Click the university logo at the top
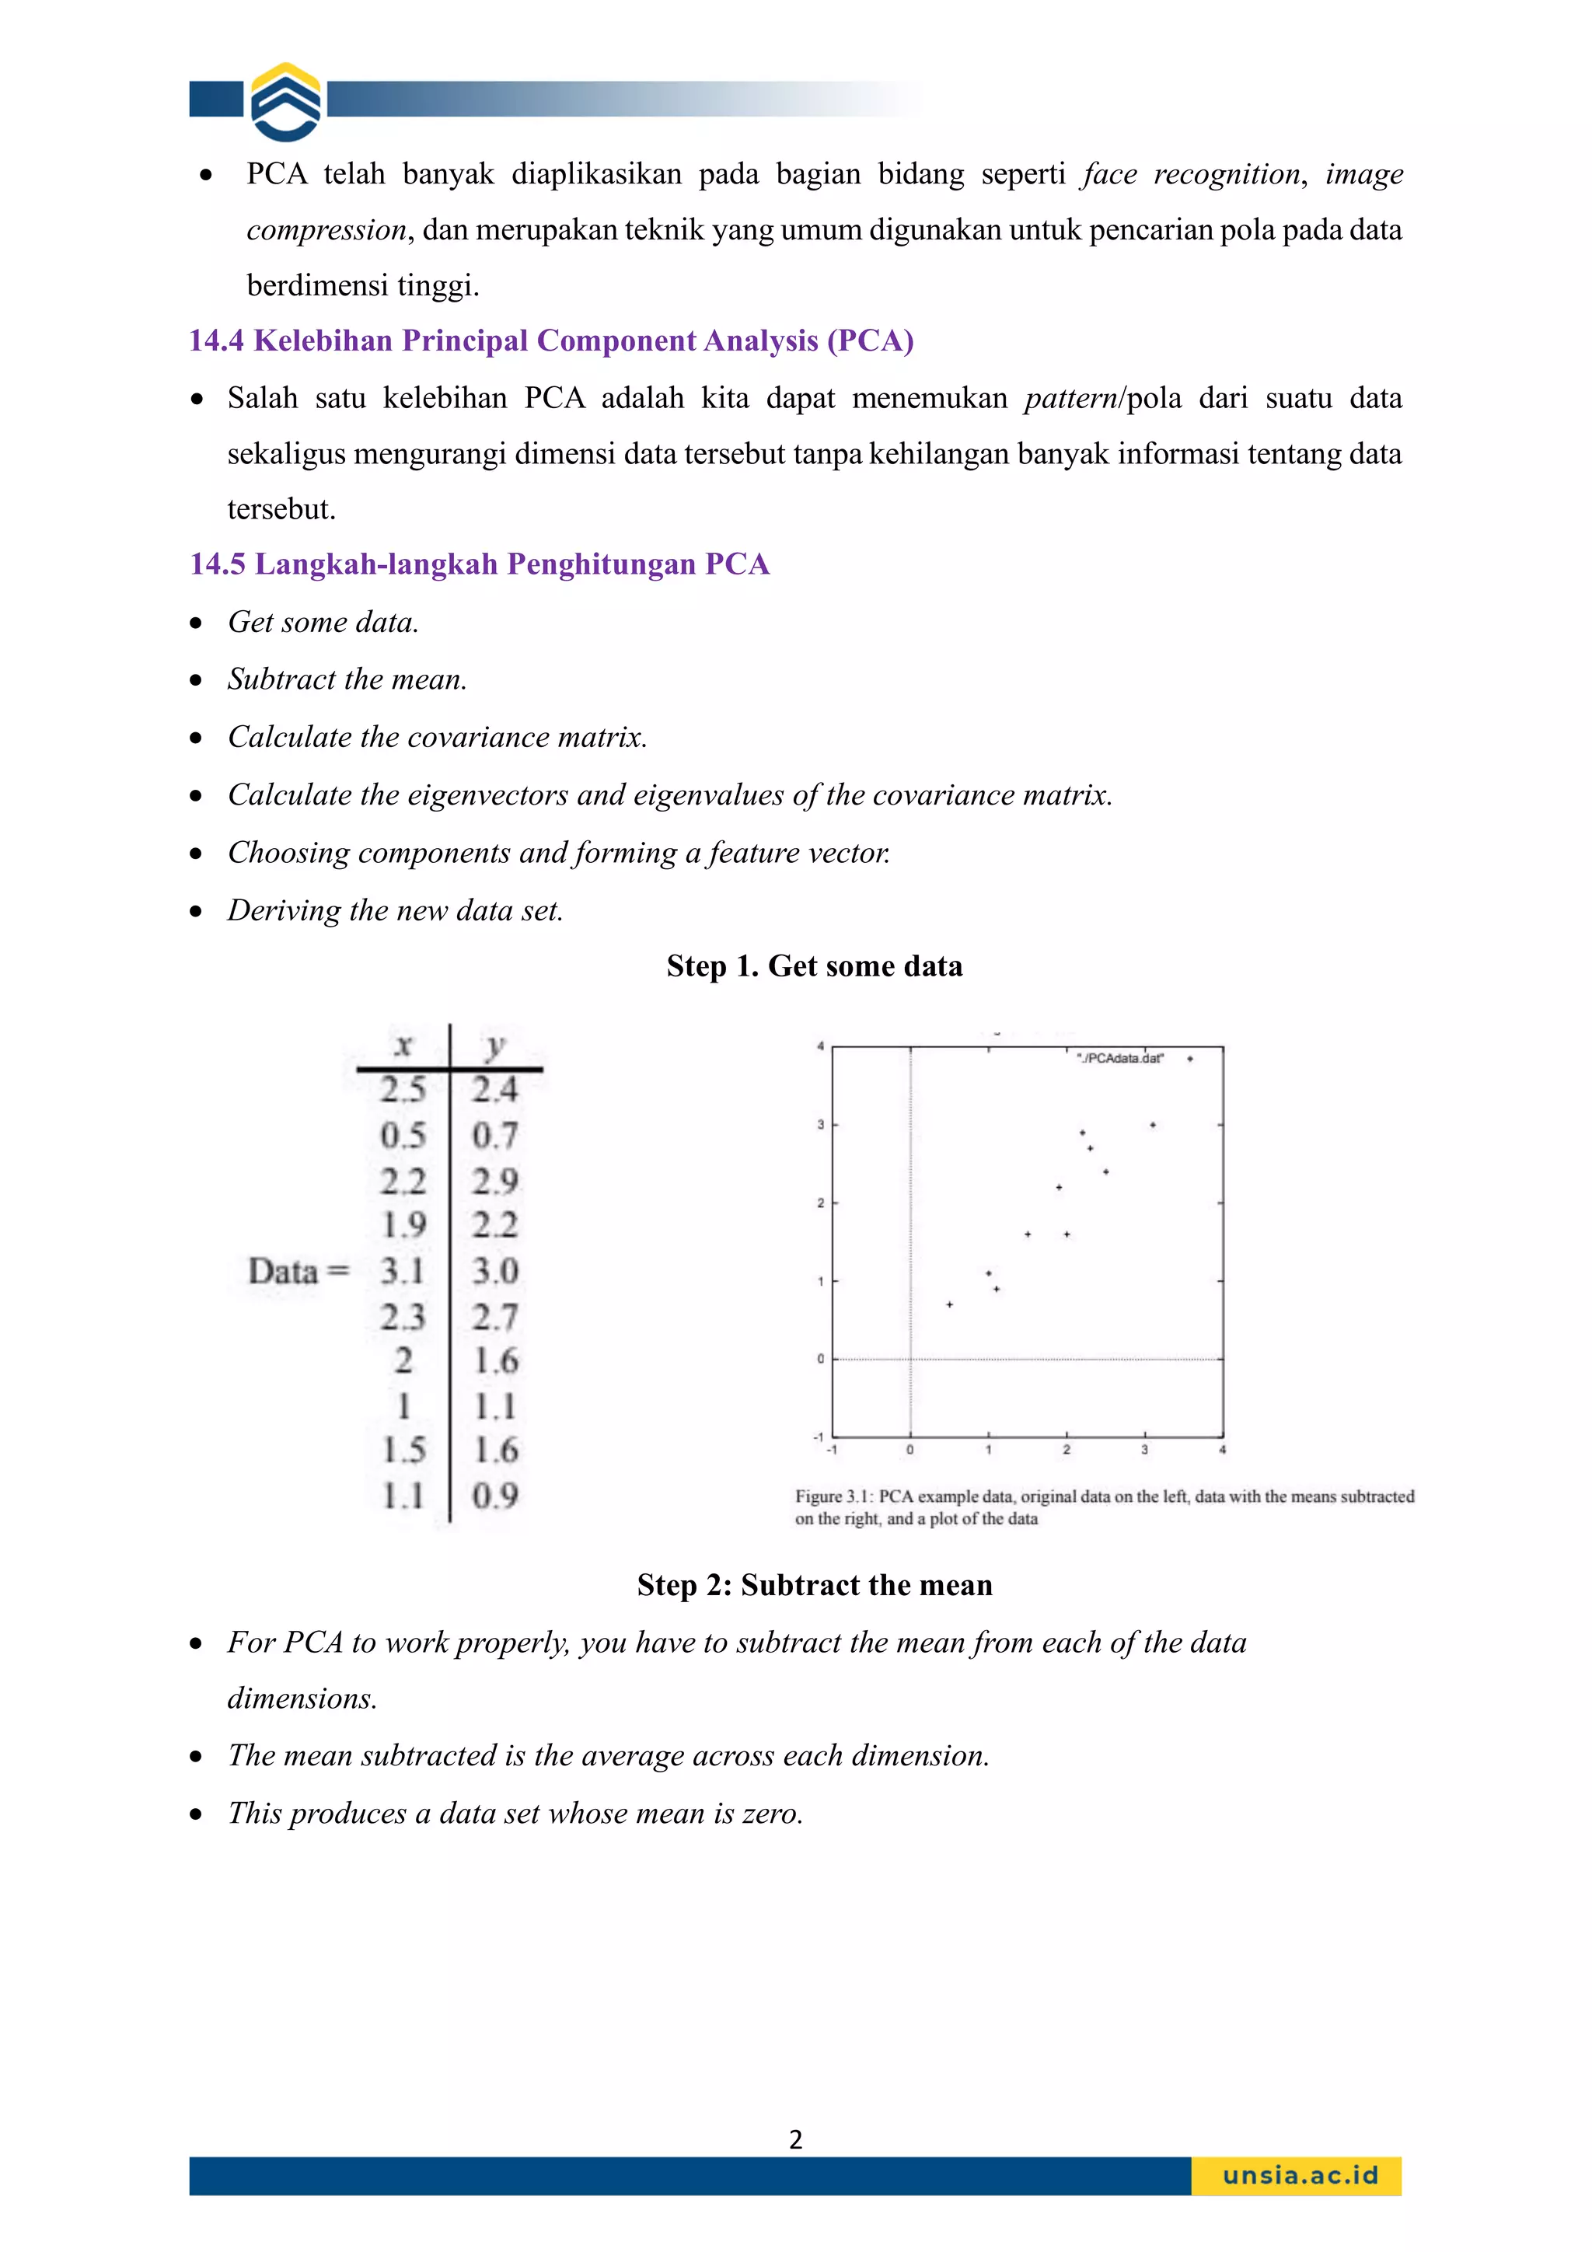tap(285, 102)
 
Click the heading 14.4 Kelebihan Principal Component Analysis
tap(550, 340)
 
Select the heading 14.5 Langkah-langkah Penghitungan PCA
tap(479, 564)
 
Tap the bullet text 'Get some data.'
tap(323, 622)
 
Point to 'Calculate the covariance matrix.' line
tap(438, 737)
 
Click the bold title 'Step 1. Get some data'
tap(814, 966)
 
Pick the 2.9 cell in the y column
tap(494, 1180)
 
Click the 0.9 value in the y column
tap(494, 1496)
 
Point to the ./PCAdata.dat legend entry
tap(1120, 1058)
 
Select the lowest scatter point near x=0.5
tap(949, 1304)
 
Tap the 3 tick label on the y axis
tap(821, 1125)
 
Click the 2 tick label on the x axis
tap(1067, 1450)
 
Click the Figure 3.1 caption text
tap(1104, 1507)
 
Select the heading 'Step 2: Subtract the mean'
tap(814, 1585)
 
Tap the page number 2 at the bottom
tap(795, 2139)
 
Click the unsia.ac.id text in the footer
tap(1300, 2176)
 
